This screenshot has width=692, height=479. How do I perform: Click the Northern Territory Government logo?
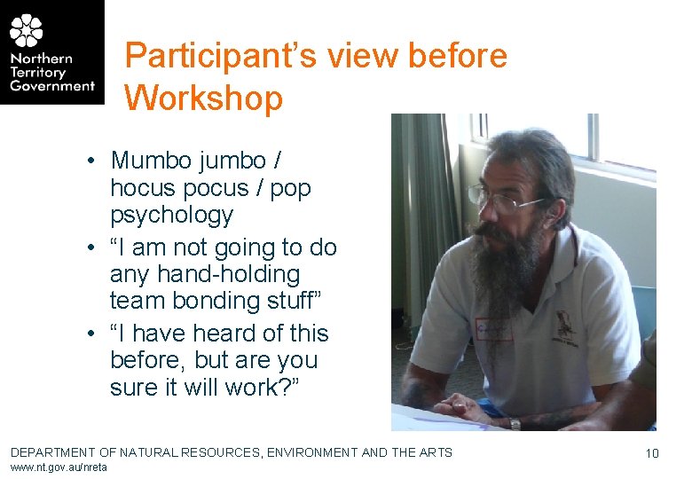click(51, 52)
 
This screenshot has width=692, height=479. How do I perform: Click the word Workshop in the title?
click(203, 97)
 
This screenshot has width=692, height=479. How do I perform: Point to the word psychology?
click(171, 216)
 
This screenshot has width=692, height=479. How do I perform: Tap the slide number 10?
click(652, 453)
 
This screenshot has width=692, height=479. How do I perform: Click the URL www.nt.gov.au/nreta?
click(59, 467)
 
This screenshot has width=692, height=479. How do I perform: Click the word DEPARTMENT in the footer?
click(53, 452)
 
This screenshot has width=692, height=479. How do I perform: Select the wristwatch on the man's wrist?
click(515, 423)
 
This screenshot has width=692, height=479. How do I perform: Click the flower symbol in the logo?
click(27, 31)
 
